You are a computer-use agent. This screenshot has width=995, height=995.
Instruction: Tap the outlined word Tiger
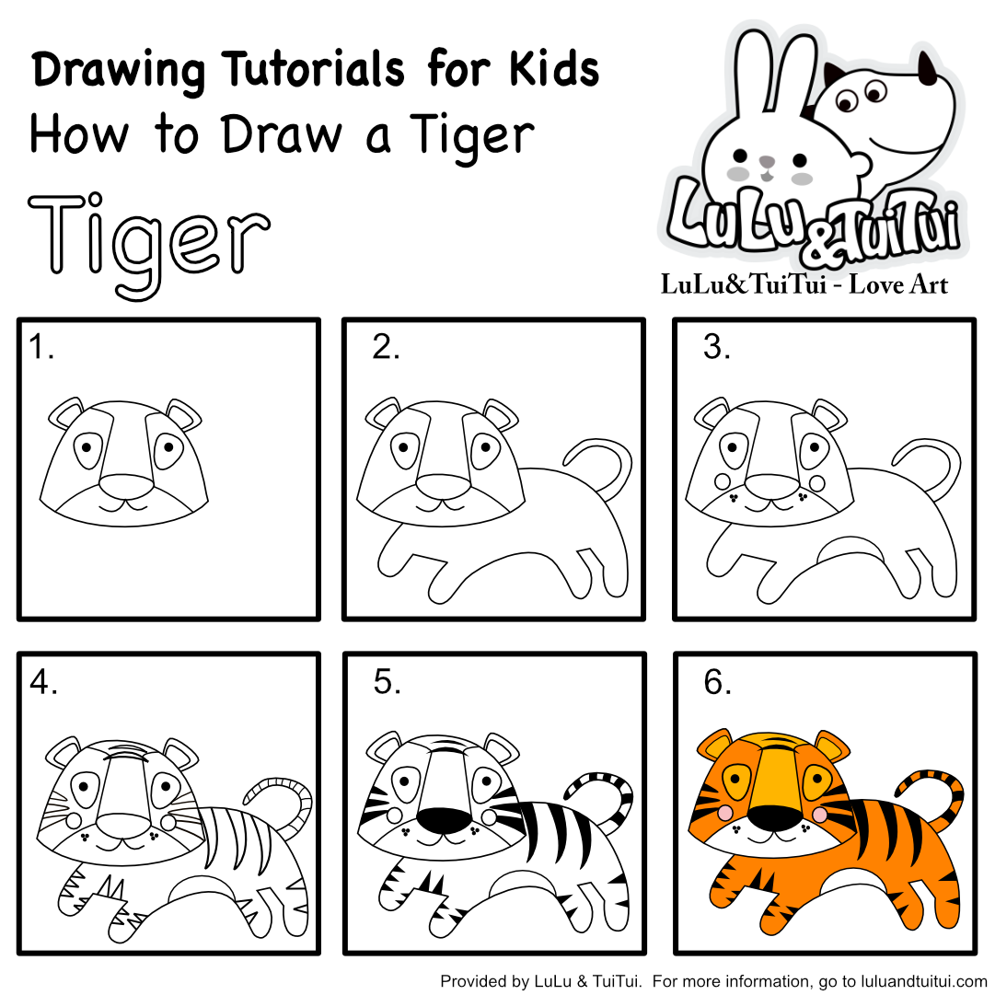(150, 244)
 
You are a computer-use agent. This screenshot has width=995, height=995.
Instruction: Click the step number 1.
(41, 347)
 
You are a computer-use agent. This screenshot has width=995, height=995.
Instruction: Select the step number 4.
(43, 682)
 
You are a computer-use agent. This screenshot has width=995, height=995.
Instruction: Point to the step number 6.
(717, 682)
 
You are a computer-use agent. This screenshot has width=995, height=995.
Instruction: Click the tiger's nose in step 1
(126, 487)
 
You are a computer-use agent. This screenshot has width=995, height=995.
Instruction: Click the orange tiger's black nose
(775, 818)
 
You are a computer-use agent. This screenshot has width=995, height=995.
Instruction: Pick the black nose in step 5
(444, 818)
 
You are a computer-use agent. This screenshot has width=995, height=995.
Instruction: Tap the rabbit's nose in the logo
(768, 161)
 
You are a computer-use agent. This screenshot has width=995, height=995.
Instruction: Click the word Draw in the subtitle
(282, 134)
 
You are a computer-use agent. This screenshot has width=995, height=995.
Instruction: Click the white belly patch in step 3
(849, 549)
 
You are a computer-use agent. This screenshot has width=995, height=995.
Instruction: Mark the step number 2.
(386, 347)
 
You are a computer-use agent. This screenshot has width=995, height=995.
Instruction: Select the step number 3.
(716, 347)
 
